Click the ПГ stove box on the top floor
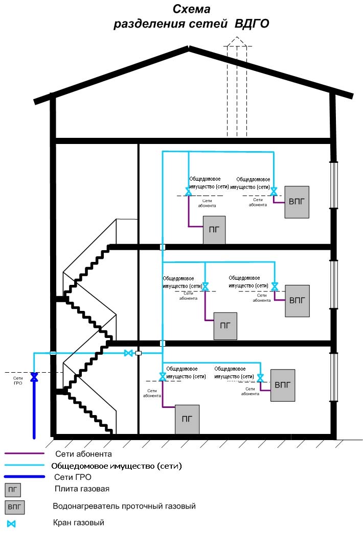[214, 229]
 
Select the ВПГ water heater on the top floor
[297, 202]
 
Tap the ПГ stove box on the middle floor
[225, 325]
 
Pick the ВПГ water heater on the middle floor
[297, 300]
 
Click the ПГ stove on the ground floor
[187, 419]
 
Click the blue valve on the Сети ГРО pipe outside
[34, 377]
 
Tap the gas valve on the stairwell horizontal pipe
[129, 353]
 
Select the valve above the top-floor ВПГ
[274, 191]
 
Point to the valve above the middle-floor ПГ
[205, 287]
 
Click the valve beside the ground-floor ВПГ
[260, 378]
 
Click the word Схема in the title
[191, 9]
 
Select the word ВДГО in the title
[252, 24]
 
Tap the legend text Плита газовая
[82, 489]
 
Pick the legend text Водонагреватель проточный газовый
[124, 506]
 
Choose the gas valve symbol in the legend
[11, 524]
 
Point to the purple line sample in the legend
[24, 453]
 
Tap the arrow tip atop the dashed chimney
[237, 38]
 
